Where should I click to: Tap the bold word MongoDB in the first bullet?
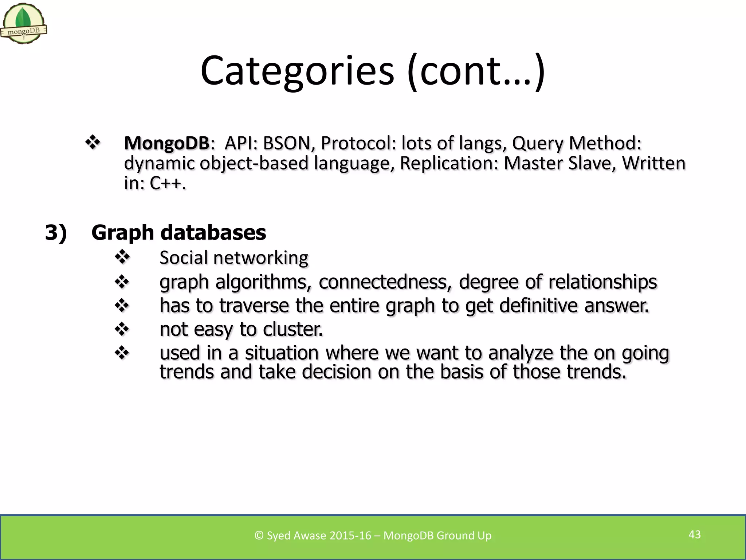166,143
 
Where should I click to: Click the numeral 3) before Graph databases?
56,232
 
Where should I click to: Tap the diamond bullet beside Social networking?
122,257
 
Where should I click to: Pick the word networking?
260,258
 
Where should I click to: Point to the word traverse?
254,305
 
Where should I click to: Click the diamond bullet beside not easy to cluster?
122,329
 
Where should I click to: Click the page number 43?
694,534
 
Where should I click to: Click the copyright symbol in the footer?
259,535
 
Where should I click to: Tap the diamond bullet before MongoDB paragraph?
93,143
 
